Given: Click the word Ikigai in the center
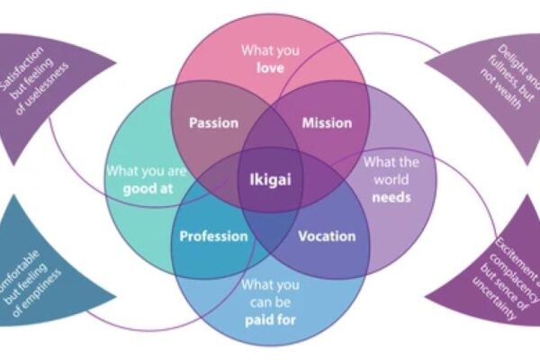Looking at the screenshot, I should tap(270, 178).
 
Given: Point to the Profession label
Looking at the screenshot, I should tap(213, 237).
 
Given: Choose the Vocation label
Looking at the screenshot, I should tap(327, 237).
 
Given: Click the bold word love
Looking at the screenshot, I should tap(269, 67).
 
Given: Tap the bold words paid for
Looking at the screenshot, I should tap(269, 317).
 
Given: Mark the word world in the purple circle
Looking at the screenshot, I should tap(379, 178).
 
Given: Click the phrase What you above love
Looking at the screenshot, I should tap(269, 50).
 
